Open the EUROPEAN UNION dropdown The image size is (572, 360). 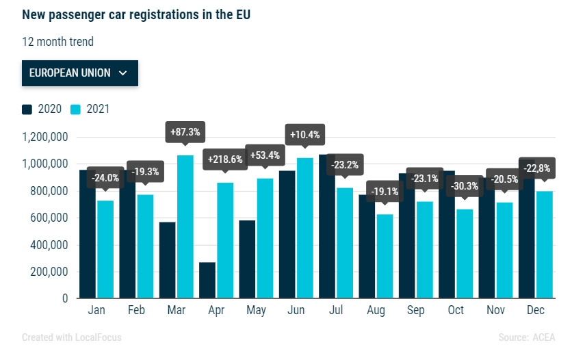pos(79,73)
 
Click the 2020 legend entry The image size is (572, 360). pos(42,109)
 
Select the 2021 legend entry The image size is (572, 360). pos(90,109)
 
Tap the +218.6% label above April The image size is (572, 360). pos(225,159)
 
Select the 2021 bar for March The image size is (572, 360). pos(185,227)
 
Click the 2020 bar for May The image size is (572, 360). pos(247,259)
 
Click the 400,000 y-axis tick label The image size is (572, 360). pos(47,245)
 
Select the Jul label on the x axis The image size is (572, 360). pos(335,311)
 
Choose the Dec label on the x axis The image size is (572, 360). pos(536,311)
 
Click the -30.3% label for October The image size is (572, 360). pos(465,186)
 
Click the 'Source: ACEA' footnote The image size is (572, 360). pos(527,337)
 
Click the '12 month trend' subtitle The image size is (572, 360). pos(57,42)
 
